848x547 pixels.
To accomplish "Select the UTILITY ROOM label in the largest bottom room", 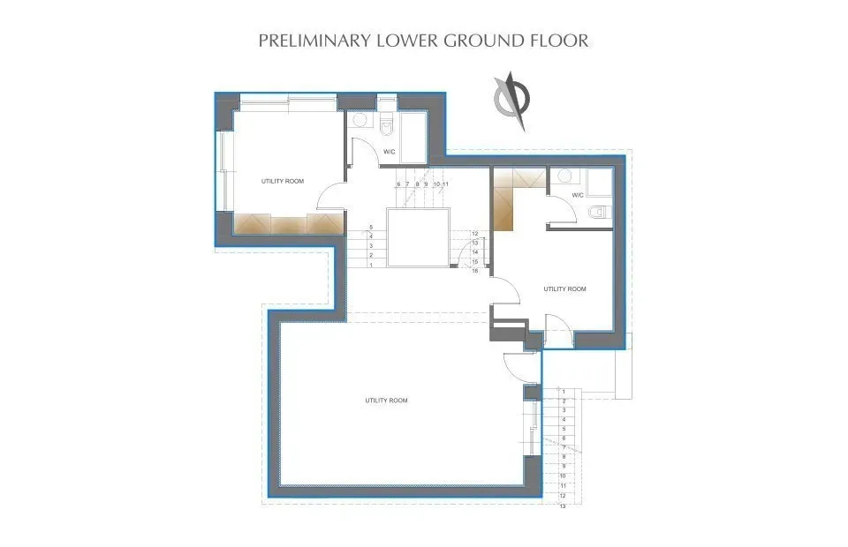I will click(x=387, y=401).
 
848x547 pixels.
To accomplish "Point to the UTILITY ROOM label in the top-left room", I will click(x=283, y=181).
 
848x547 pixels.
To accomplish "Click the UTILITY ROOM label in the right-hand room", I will click(x=565, y=288).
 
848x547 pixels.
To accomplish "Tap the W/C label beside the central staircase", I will click(x=389, y=152).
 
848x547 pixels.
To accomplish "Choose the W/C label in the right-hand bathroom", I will click(x=578, y=195).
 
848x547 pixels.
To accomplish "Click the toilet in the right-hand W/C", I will click(x=596, y=211).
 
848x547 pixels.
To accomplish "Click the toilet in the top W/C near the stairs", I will click(x=387, y=128).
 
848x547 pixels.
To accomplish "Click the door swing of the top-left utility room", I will click(x=330, y=197).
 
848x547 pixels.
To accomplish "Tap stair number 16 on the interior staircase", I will click(x=475, y=270).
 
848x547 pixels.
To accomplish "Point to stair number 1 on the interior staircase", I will click(x=371, y=265).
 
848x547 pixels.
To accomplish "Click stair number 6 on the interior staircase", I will click(x=398, y=184).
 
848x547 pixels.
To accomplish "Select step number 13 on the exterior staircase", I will click(x=563, y=505).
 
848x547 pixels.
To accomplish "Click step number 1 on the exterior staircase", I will click(x=563, y=392).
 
